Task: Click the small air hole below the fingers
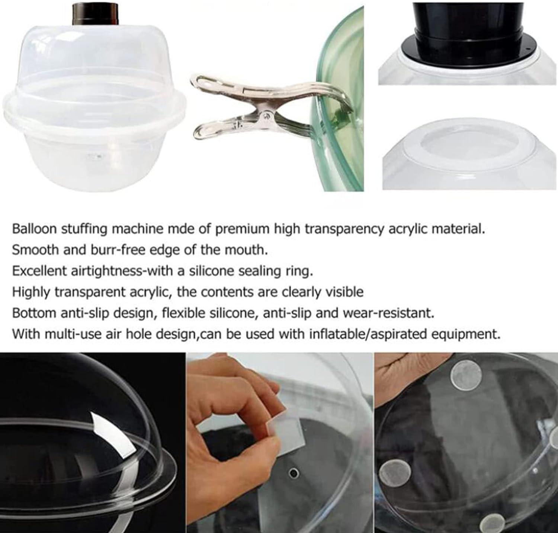294,473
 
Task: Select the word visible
344,292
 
